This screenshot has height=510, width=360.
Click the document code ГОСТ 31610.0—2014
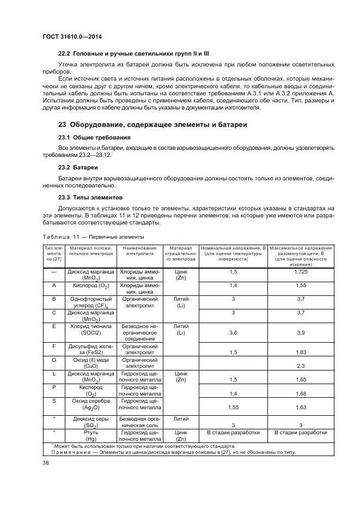point(73,37)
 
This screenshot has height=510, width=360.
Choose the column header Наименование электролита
point(139,251)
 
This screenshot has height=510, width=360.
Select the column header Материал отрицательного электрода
point(180,254)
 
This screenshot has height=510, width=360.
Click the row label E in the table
point(54,326)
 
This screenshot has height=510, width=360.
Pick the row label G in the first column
point(54,360)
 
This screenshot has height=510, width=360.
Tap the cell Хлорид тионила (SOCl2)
point(90,330)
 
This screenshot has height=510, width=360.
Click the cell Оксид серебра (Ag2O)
point(90,404)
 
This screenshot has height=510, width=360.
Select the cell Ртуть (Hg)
point(90,436)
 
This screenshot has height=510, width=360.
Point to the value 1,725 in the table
point(301,271)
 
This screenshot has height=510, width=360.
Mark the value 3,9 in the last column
point(301,332)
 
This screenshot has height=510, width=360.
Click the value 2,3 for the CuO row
point(301,366)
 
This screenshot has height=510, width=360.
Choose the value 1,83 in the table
point(301,353)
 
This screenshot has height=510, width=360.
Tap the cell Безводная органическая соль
point(139,421)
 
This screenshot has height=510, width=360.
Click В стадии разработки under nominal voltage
point(233,433)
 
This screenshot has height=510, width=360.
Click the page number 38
point(46,464)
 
